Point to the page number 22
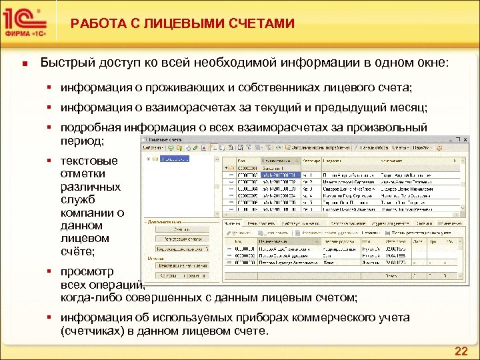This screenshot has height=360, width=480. click(x=461, y=351)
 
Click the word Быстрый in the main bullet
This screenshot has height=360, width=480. click(x=65, y=63)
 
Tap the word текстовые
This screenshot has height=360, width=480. click(x=89, y=161)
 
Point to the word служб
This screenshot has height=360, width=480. click(x=77, y=199)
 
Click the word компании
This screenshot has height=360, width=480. click(x=83, y=212)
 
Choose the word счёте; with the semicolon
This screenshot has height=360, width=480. click(x=78, y=251)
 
